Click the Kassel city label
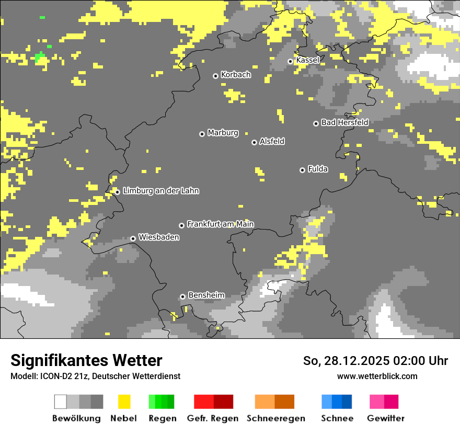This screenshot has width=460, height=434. [307, 60]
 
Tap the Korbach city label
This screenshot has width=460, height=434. [236, 75]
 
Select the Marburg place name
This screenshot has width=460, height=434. [223, 133]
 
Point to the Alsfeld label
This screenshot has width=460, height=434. [272, 141]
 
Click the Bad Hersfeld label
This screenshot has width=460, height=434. [344, 122]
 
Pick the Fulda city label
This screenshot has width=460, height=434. [318, 169]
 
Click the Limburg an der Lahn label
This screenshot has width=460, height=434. [160, 191]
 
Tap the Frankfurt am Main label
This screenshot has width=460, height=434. [220, 224]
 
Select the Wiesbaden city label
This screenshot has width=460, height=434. [158, 237]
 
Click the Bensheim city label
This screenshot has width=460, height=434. [206, 295]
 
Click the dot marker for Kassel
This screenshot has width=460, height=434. [290, 61]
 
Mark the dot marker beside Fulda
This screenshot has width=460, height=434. [302, 170]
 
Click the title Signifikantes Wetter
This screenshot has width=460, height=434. [86, 360]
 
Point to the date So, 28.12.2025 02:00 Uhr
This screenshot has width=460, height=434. [375, 361]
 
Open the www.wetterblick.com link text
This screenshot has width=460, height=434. [377, 376]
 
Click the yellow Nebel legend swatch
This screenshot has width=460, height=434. [124, 402]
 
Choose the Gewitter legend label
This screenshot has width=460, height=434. [386, 418]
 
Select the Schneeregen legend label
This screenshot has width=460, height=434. [275, 418]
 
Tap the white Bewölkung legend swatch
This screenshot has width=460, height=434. [61, 402]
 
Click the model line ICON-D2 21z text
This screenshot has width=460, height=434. [95, 376]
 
